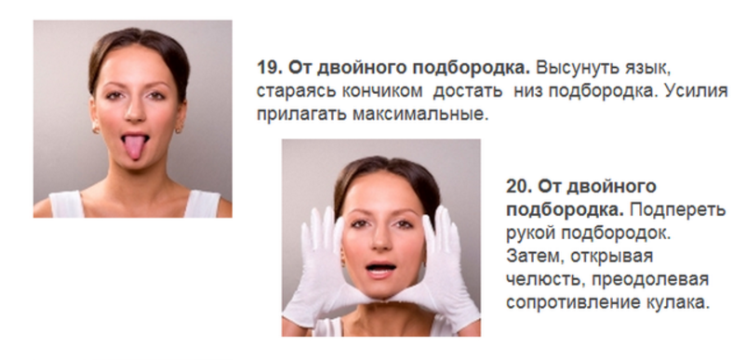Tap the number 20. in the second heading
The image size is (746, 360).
coord(519,186)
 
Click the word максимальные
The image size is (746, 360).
coord(420,114)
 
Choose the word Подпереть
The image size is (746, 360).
coord(677,209)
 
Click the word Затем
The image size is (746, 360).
coord(535,257)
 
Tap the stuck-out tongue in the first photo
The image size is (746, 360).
coord(135,147)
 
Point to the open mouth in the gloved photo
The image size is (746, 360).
coord(380,270)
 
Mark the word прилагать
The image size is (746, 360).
coord(302,114)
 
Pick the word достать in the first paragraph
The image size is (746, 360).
coord(468,91)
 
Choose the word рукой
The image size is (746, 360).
coord(530,233)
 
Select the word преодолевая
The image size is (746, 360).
coord(650,280)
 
